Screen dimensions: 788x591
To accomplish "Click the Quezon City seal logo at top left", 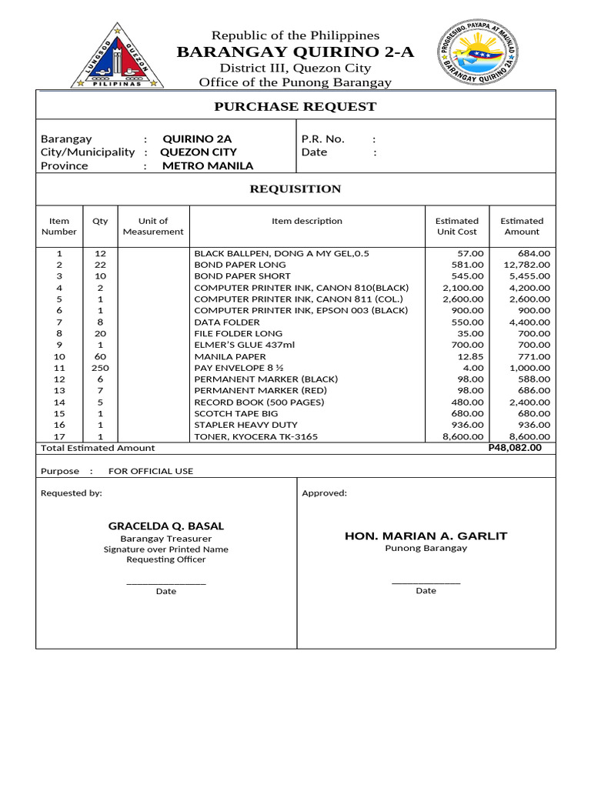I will pyautogui.click(x=117, y=56).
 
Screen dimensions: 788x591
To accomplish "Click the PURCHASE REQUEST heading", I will pyautogui.click(x=295, y=107).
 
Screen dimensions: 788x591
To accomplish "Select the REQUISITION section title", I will pyautogui.click(x=295, y=189).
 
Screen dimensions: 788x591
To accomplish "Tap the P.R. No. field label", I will pyautogui.click(x=323, y=139).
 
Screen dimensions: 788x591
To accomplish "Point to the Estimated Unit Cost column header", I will pyautogui.click(x=456, y=226).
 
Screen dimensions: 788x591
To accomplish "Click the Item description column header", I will pyautogui.click(x=307, y=221).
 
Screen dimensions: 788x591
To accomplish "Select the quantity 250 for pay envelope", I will pyautogui.click(x=100, y=368).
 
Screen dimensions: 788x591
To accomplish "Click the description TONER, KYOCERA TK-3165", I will pyautogui.click(x=255, y=437).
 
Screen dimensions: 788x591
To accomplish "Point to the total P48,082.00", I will pyautogui.click(x=515, y=448).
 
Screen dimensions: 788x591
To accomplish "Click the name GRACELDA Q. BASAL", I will pyautogui.click(x=166, y=526).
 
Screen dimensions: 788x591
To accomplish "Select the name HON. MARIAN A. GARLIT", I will pyautogui.click(x=426, y=536).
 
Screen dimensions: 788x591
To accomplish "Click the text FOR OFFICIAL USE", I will pyautogui.click(x=151, y=471).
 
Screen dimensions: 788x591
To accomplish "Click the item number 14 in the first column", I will pyautogui.click(x=59, y=402).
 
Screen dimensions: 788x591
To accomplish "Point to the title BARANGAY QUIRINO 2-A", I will pyautogui.click(x=295, y=52).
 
